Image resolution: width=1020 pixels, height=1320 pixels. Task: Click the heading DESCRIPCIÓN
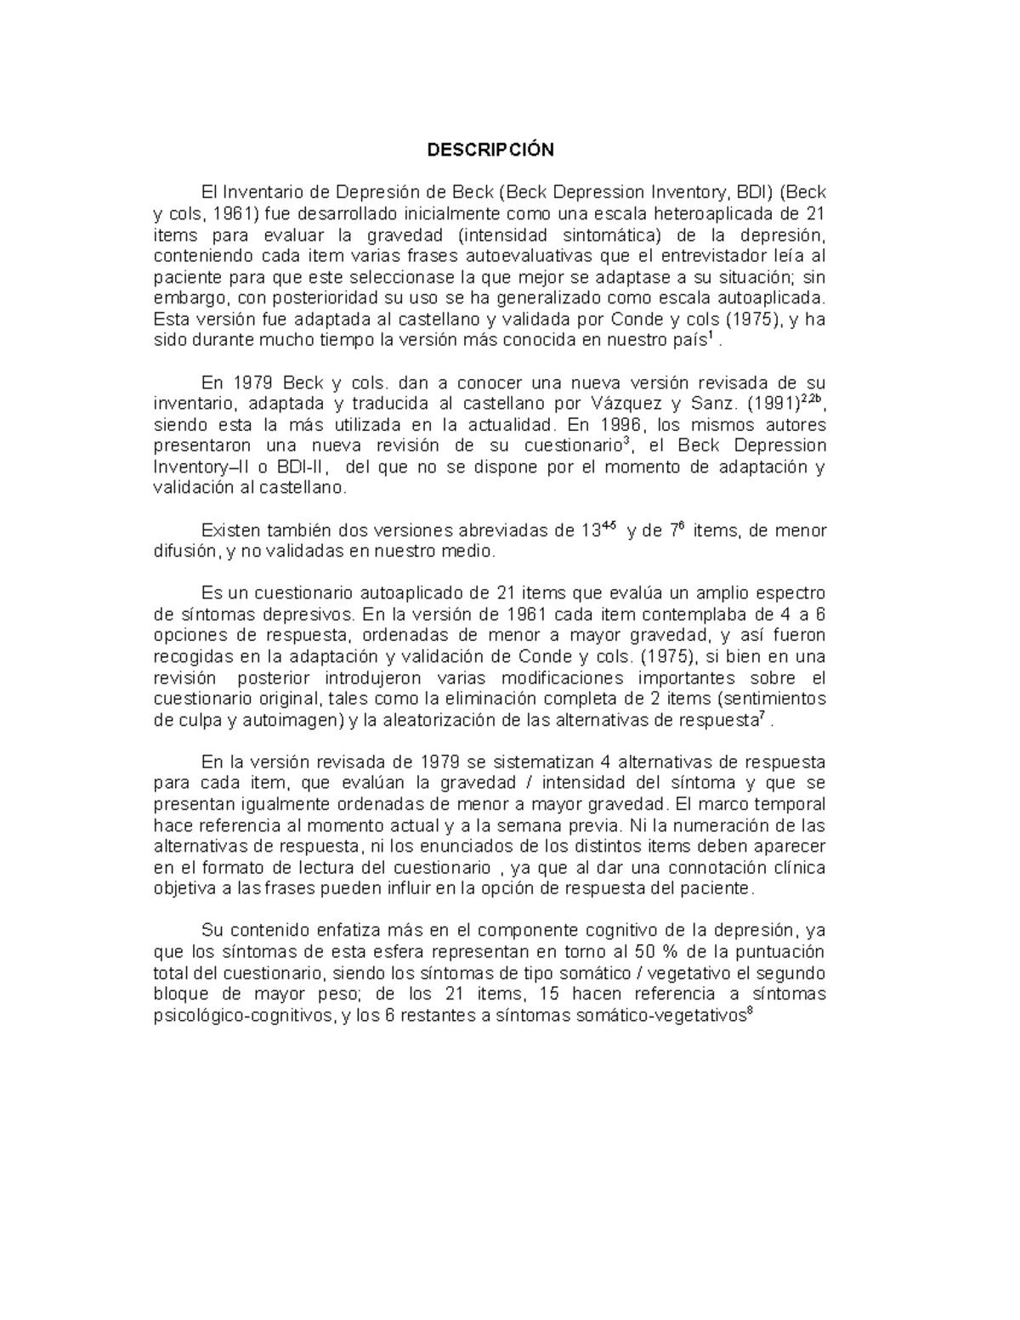[490, 150]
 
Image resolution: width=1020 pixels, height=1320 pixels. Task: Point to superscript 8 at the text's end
[749, 1011]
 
